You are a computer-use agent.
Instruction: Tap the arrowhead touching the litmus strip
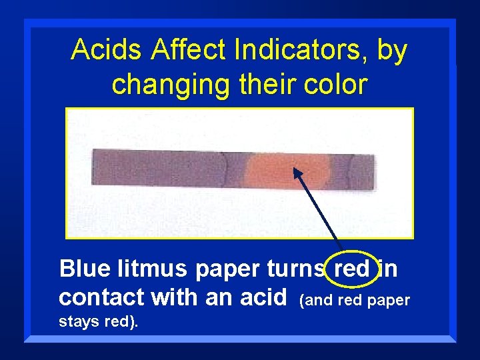pos(297,173)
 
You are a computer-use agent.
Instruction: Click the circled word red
pos(351,269)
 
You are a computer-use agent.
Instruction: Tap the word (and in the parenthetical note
pos(317,301)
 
